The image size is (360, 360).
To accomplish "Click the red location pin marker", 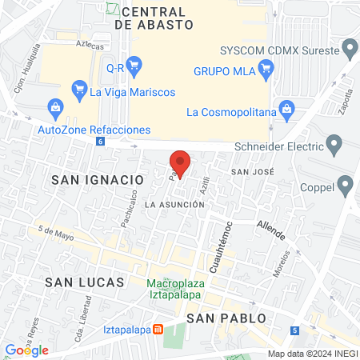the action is tap(181, 162).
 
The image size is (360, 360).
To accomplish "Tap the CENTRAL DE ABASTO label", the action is tap(154, 18).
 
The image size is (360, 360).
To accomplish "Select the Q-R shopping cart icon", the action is tap(134, 66).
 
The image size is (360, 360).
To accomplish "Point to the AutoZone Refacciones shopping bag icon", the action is tap(54, 106).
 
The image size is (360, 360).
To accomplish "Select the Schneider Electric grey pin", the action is tap(334, 145).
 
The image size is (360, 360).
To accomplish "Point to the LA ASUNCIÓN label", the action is tap(176, 205).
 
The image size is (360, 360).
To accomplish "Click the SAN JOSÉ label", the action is tap(253, 172).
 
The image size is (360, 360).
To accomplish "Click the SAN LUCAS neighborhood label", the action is tap(85, 282).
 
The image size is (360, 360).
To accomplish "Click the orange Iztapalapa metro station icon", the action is tap(158, 329).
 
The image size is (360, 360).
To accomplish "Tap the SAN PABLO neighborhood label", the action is tap(226, 318).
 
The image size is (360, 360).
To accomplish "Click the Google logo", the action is tap(27, 350).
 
